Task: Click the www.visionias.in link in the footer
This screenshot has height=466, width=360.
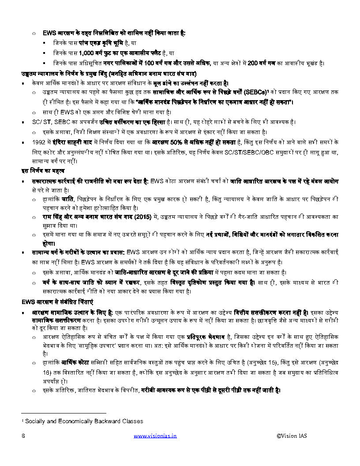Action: [x=155, y=436]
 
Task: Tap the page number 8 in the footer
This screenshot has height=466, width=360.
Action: [x=23, y=436]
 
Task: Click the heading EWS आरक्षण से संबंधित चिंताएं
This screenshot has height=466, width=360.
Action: [x=57, y=302]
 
